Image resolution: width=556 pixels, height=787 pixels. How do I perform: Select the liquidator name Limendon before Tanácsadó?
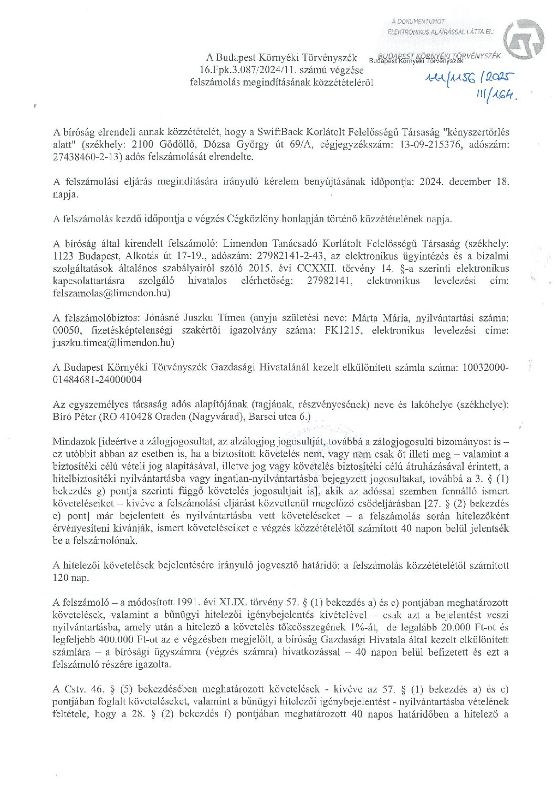pos(247,244)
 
